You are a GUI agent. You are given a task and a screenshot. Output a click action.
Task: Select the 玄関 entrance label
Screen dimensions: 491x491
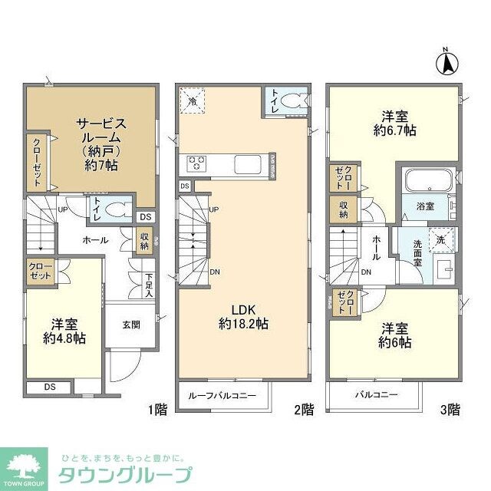(x=130, y=324)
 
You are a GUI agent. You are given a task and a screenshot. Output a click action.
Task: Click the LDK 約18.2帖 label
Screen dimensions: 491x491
(x=242, y=316)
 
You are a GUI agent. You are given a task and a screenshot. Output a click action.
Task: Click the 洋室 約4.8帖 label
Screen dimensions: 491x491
(x=64, y=331)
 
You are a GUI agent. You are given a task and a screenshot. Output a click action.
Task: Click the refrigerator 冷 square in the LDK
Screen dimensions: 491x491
(x=192, y=99)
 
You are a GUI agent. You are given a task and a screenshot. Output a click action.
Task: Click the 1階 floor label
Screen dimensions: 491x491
(x=155, y=409)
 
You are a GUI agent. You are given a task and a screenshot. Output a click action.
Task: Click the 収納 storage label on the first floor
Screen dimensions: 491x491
(x=144, y=241)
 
